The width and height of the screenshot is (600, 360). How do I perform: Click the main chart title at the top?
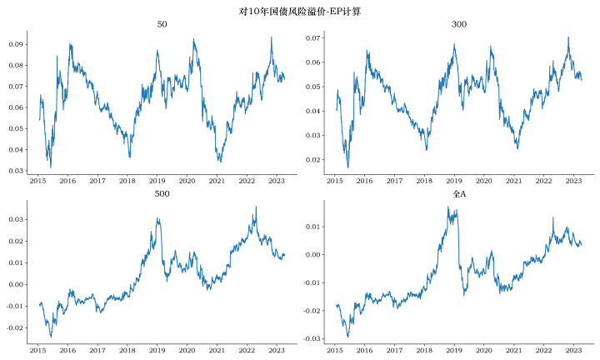(x=300, y=10)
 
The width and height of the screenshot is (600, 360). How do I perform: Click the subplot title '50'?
(x=162, y=25)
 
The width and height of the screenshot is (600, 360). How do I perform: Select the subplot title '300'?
(x=459, y=25)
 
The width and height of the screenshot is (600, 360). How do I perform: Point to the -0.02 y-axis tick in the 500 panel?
(x=12, y=327)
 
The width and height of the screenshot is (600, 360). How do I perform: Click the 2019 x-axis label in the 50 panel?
(x=157, y=180)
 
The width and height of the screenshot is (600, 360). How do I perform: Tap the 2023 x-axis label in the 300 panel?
(x=573, y=180)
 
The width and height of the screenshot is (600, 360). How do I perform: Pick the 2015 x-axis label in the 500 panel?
(x=38, y=349)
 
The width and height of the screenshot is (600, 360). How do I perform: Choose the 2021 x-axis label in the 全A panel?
(x=513, y=349)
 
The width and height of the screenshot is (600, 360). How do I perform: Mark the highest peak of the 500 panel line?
(x=256, y=207)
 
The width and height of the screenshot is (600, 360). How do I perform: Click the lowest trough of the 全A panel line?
(x=348, y=337)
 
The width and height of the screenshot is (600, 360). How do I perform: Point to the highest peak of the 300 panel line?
(x=568, y=37)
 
